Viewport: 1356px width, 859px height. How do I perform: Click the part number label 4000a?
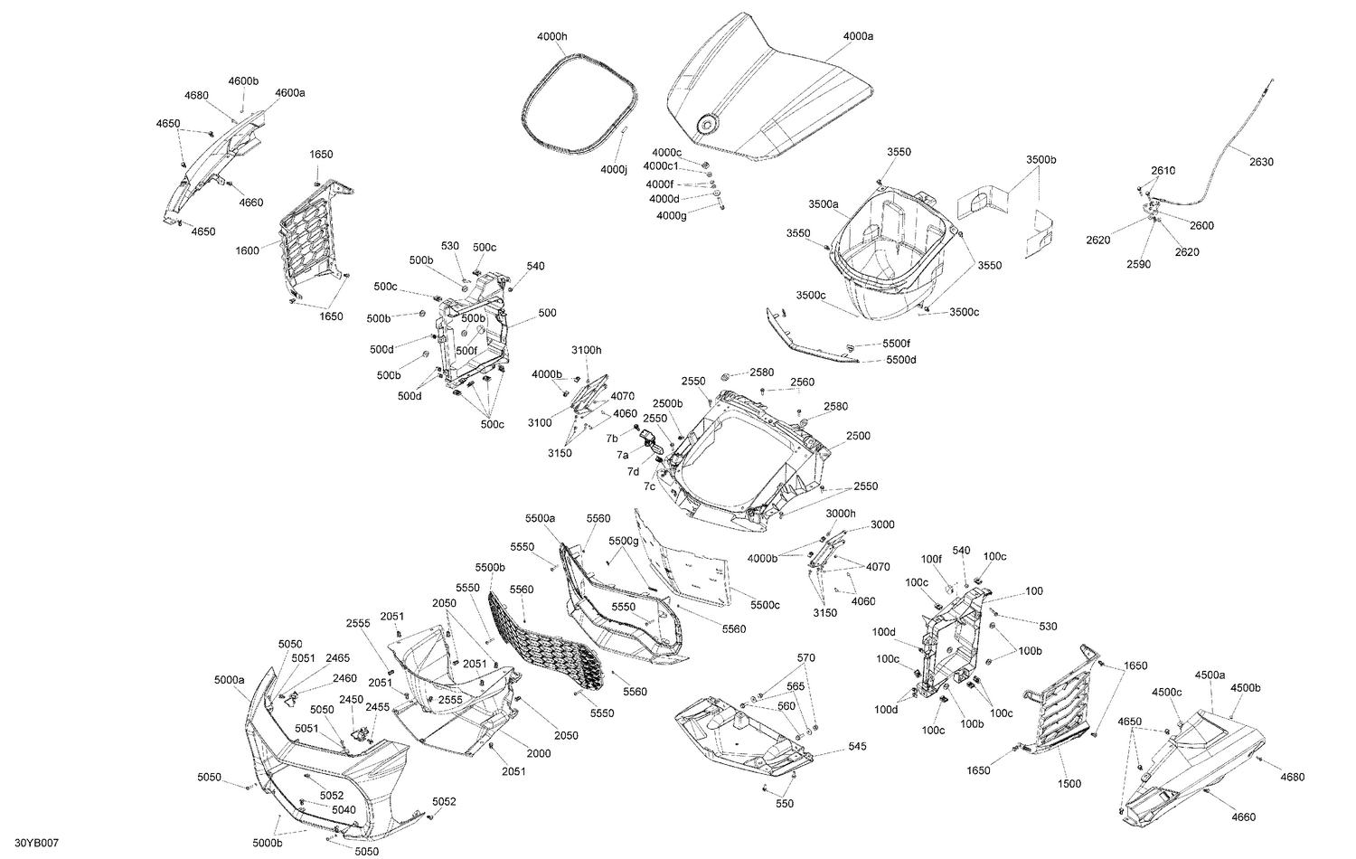(x=858, y=36)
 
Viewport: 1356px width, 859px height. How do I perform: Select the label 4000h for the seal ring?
(x=551, y=36)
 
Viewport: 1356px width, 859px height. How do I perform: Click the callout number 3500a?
(x=824, y=204)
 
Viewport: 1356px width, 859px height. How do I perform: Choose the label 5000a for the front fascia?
(x=230, y=680)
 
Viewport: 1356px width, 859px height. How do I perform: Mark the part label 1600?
(x=247, y=250)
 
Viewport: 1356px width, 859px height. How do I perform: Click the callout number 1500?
(x=1069, y=784)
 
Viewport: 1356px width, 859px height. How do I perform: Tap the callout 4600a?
(x=290, y=93)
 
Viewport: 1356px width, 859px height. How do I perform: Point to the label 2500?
(x=858, y=436)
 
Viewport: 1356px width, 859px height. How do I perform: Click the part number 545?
(x=857, y=748)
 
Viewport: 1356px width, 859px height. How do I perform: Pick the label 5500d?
(x=900, y=360)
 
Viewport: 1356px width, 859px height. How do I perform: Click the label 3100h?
(x=586, y=350)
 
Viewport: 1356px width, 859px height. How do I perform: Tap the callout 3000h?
(x=841, y=513)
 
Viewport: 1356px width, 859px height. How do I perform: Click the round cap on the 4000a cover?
(x=706, y=124)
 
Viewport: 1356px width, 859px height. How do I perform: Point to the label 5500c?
(x=765, y=605)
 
